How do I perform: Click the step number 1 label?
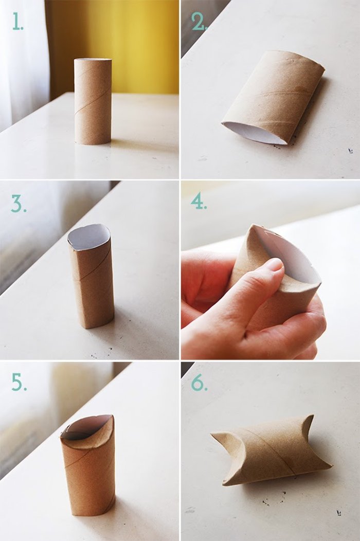17,22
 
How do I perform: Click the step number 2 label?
199,22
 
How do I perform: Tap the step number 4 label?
199,201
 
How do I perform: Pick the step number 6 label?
199,383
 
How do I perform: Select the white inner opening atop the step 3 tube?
88,237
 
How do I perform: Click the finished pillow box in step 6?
270,450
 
